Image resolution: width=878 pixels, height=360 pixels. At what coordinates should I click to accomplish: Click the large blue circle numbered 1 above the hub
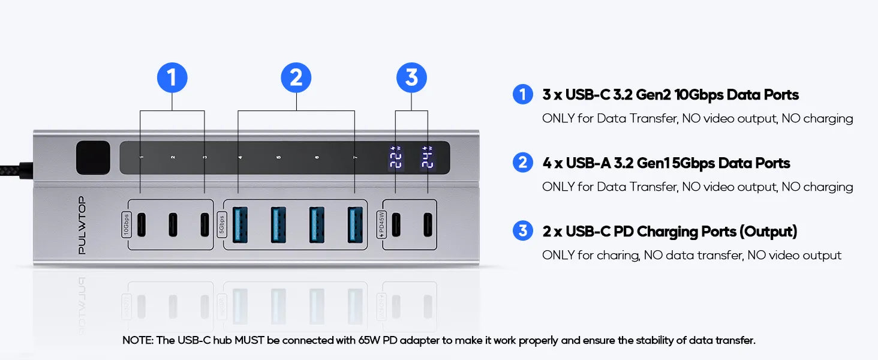pyautogui.click(x=172, y=79)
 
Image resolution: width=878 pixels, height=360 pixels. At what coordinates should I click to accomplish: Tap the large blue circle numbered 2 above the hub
pyautogui.click(x=296, y=79)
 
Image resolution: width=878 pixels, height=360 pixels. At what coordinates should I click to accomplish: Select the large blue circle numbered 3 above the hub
pyautogui.click(x=411, y=79)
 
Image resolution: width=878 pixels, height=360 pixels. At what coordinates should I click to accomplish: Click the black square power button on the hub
pyautogui.click(x=93, y=158)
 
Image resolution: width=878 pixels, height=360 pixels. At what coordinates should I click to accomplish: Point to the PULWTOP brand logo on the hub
pyautogui.click(x=82, y=225)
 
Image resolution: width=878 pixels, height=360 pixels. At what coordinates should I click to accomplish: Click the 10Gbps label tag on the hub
pyautogui.click(x=126, y=224)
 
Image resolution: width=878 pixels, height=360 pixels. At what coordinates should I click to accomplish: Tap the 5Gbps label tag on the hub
pyautogui.click(x=221, y=225)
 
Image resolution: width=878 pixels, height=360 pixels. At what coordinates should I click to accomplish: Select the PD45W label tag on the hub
pyautogui.click(x=381, y=225)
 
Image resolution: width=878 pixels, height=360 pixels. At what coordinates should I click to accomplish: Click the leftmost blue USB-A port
pyautogui.click(x=240, y=224)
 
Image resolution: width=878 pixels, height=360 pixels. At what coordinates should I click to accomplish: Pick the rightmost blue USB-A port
pyautogui.click(x=355, y=224)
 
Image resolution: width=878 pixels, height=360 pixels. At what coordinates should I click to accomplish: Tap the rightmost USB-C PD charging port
pyautogui.click(x=427, y=224)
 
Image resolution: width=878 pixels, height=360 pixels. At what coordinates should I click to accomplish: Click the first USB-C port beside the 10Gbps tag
pyautogui.click(x=141, y=224)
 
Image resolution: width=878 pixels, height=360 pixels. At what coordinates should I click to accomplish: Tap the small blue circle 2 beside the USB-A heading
pyautogui.click(x=523, y=163)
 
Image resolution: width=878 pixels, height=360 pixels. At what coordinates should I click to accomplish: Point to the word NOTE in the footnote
pyautogui.click(x=138, y=340)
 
